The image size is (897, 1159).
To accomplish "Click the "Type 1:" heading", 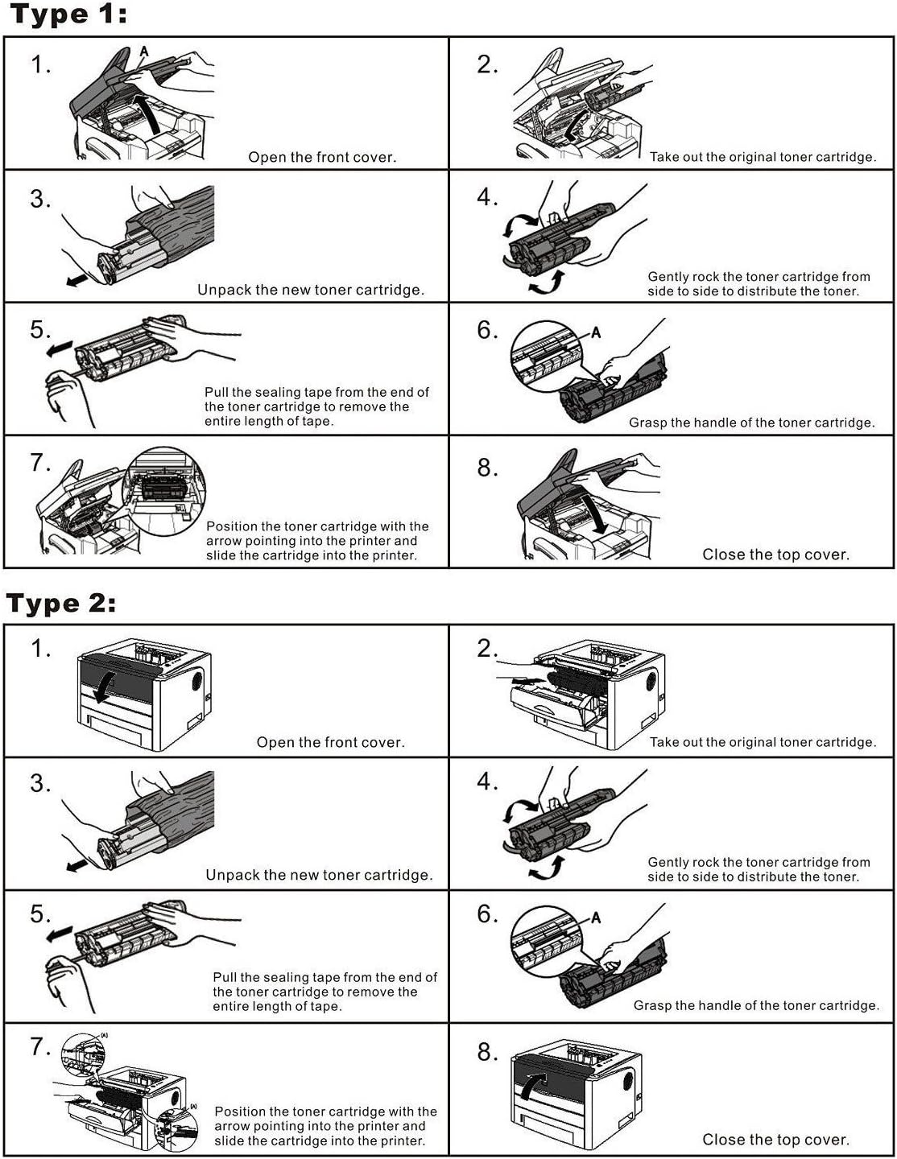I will (x=68, y=15).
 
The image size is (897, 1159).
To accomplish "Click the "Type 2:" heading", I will (x=61, y=604).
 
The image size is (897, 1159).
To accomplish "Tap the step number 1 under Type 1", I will (x=40, y=64).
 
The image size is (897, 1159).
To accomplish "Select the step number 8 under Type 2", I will (x=487, y=1052).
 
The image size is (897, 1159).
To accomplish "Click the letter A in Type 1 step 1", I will (x=144, y=52).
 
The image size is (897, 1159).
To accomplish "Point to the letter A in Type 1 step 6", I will (x=596, y=332).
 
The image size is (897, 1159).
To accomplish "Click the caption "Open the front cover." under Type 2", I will (x=330, y=742).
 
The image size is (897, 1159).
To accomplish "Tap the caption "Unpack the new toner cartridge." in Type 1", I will (x=311, y=290).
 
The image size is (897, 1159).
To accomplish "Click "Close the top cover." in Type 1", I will (x=775, y=555).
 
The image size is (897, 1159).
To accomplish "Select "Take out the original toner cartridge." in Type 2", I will (x=763, y=742).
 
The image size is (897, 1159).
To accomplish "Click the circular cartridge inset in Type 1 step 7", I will (x=164, y=491).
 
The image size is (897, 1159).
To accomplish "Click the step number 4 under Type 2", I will (x=487, y=782).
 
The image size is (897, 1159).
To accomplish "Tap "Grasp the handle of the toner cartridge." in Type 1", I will (x=751, y=423).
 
